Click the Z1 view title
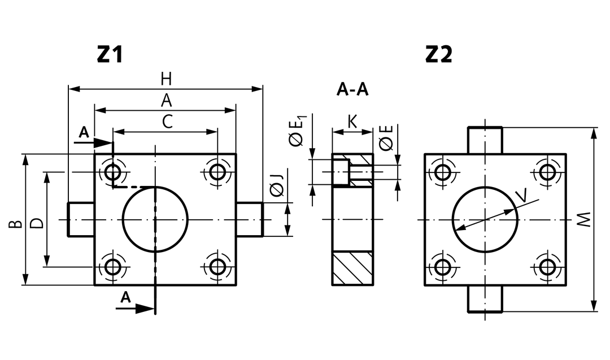click(x=110, y=54)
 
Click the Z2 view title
click(x=439, y=54)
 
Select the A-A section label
click(x=352, y=90)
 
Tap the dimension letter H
click(x=166, y=79)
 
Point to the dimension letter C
click(x=167, y=122)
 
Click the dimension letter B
click(x=16, y=224)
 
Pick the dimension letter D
click(x=37, y=223)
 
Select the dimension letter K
click(x=352, y=122)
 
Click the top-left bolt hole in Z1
click(x=113, y=171)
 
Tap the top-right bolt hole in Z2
click(x=548, y=171)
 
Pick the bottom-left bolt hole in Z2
click(x=443, y=267)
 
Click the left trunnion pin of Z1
click(x=81, y=219)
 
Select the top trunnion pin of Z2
click(x=485, y=141)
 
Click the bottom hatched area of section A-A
click(x=352, y=268)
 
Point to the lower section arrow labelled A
click(x=136, y=309)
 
